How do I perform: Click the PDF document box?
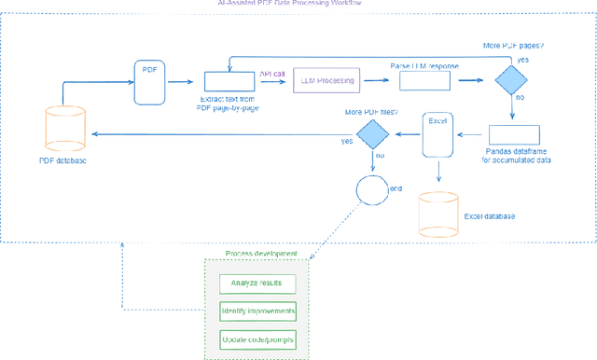149,81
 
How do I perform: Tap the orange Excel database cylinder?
438,214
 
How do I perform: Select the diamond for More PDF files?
372,135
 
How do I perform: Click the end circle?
371,190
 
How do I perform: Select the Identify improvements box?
257,311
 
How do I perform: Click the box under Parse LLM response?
425,81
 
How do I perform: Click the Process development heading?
261,254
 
